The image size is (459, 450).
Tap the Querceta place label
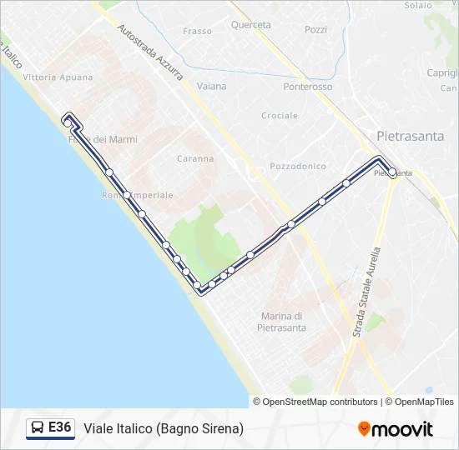point(251,25)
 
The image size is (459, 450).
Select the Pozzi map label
point(315,29)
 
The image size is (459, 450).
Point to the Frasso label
point(198,32)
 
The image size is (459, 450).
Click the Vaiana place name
point(212,86)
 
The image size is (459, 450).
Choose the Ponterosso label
point(308,87)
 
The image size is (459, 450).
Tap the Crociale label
point(280,116)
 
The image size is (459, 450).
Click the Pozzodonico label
point(299,167)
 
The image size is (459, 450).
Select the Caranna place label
point(196,158)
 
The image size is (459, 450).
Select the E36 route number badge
point(60,427)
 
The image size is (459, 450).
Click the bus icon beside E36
point(38,428)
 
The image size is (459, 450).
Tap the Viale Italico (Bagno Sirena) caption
point(164,428)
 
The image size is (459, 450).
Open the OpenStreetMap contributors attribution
point(315,402)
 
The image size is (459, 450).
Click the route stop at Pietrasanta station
point(392,172)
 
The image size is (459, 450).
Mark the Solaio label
point(418,5)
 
